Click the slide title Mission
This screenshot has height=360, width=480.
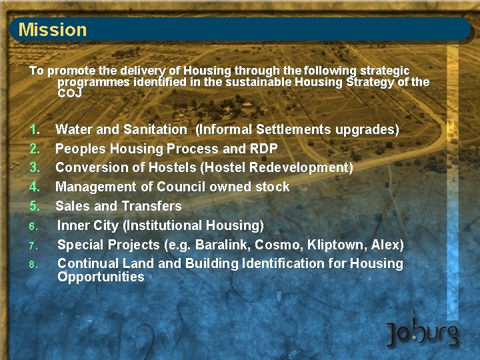[x=53, y=29]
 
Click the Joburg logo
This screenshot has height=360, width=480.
[x=423, y=331]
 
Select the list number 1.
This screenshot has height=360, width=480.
[x=35, y=129]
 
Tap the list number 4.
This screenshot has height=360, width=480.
[x=35, y=187]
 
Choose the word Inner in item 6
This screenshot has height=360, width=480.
[x=73, y=225]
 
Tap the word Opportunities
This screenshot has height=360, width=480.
[x=101, y=277]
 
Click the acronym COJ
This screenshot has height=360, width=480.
[x=69, y=93]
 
